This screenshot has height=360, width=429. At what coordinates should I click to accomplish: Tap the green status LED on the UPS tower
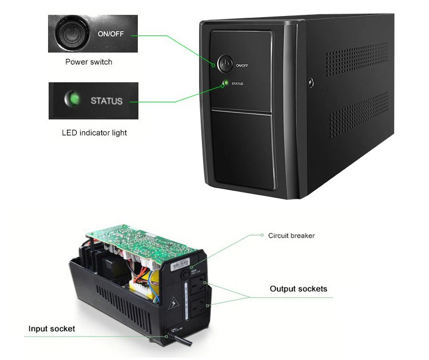[225, 83]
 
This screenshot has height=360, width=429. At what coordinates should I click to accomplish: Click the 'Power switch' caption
[89, 62]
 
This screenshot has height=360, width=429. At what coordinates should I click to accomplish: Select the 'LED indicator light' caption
[94, 133]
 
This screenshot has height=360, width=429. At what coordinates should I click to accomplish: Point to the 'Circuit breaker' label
[291, 235]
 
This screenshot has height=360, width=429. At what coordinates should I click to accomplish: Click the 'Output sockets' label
[299, 289]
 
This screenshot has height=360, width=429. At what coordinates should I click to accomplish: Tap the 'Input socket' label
[52, 329]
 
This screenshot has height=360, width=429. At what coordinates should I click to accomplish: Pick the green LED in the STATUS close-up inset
[72, 101]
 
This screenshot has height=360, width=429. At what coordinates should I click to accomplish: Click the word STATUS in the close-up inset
[106, 101]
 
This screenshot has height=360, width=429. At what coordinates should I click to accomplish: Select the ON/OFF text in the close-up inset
[110, 34]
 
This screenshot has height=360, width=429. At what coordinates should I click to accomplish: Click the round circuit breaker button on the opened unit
[185, 274]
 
